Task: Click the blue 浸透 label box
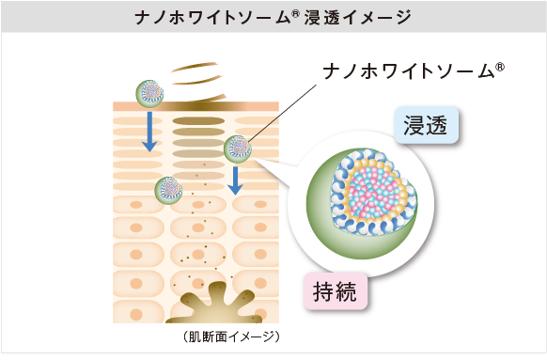click(x=426, y=125)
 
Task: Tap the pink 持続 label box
click(x=336, y=291)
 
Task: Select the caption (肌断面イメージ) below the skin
click(x=231, y=337)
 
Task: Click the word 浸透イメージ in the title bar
click(x=357, y=18)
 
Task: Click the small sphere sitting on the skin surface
click(x=149, y=93)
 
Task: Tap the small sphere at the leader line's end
click(x=238, y=149)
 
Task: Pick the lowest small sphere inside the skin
click(x=169, y=191)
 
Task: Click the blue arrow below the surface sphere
click(x=149, y=132)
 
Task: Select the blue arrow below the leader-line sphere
click(x=235, y=180)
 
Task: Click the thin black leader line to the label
click(x=282, y=113)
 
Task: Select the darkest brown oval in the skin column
click(x=198, y=121)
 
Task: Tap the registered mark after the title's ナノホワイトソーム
click(x=295, y=13)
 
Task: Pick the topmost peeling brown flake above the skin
click(x=194, y=66)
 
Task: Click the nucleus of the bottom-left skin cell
click(x=136, y=314)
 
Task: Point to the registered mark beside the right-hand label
click(x=500, y=67)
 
